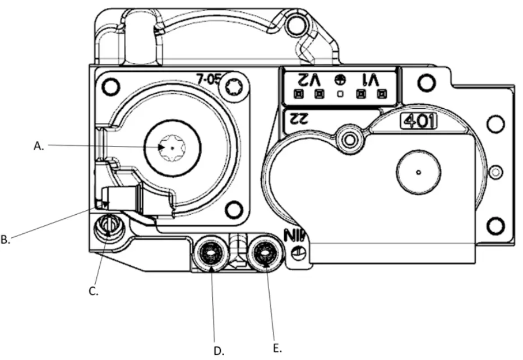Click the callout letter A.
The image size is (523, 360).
point(38,146)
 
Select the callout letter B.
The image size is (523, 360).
point(5,239)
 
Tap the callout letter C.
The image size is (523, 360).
point(94,292)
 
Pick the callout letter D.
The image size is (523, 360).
point(219,352)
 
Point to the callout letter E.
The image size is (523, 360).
point(277,348)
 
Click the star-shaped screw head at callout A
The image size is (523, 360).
point(172,147)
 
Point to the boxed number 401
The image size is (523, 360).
point(415,122)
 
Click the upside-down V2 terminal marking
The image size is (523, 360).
point(307,79)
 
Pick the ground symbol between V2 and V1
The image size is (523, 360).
point(339,79)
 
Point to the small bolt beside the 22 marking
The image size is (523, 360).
point(349,139)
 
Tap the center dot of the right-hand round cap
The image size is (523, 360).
point(418,172)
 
